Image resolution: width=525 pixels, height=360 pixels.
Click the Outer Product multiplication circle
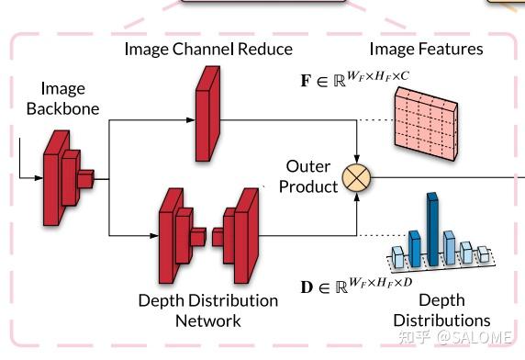[354, 177]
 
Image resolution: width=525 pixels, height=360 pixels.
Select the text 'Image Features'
[426, 49]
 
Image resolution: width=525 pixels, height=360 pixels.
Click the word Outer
[307, 166]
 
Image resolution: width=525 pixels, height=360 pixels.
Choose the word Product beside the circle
[308, 186]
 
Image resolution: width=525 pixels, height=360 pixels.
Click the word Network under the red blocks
[208, 321]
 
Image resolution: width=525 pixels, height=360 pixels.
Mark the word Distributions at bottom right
[441, 320]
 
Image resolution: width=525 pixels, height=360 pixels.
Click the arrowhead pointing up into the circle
[354, 195]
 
